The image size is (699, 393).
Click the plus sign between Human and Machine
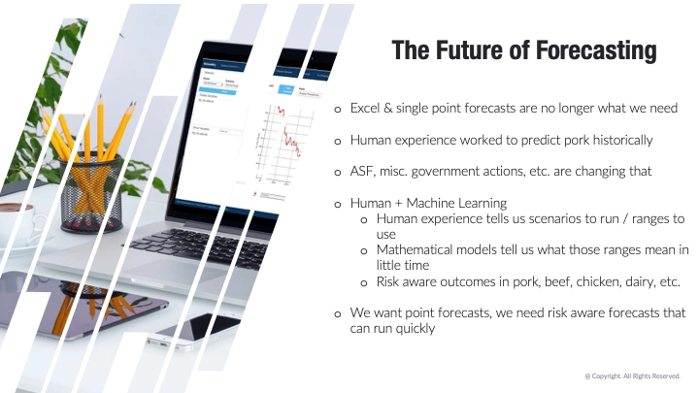pyautogui.click(x=398, y=204)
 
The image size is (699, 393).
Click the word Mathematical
pyautogui.click(x=418, y=250)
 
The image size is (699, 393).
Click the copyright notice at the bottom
pyautogui.click(x=632, y=376)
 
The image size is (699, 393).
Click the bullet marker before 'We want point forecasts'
pyautogui.click(x=338, y=313)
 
